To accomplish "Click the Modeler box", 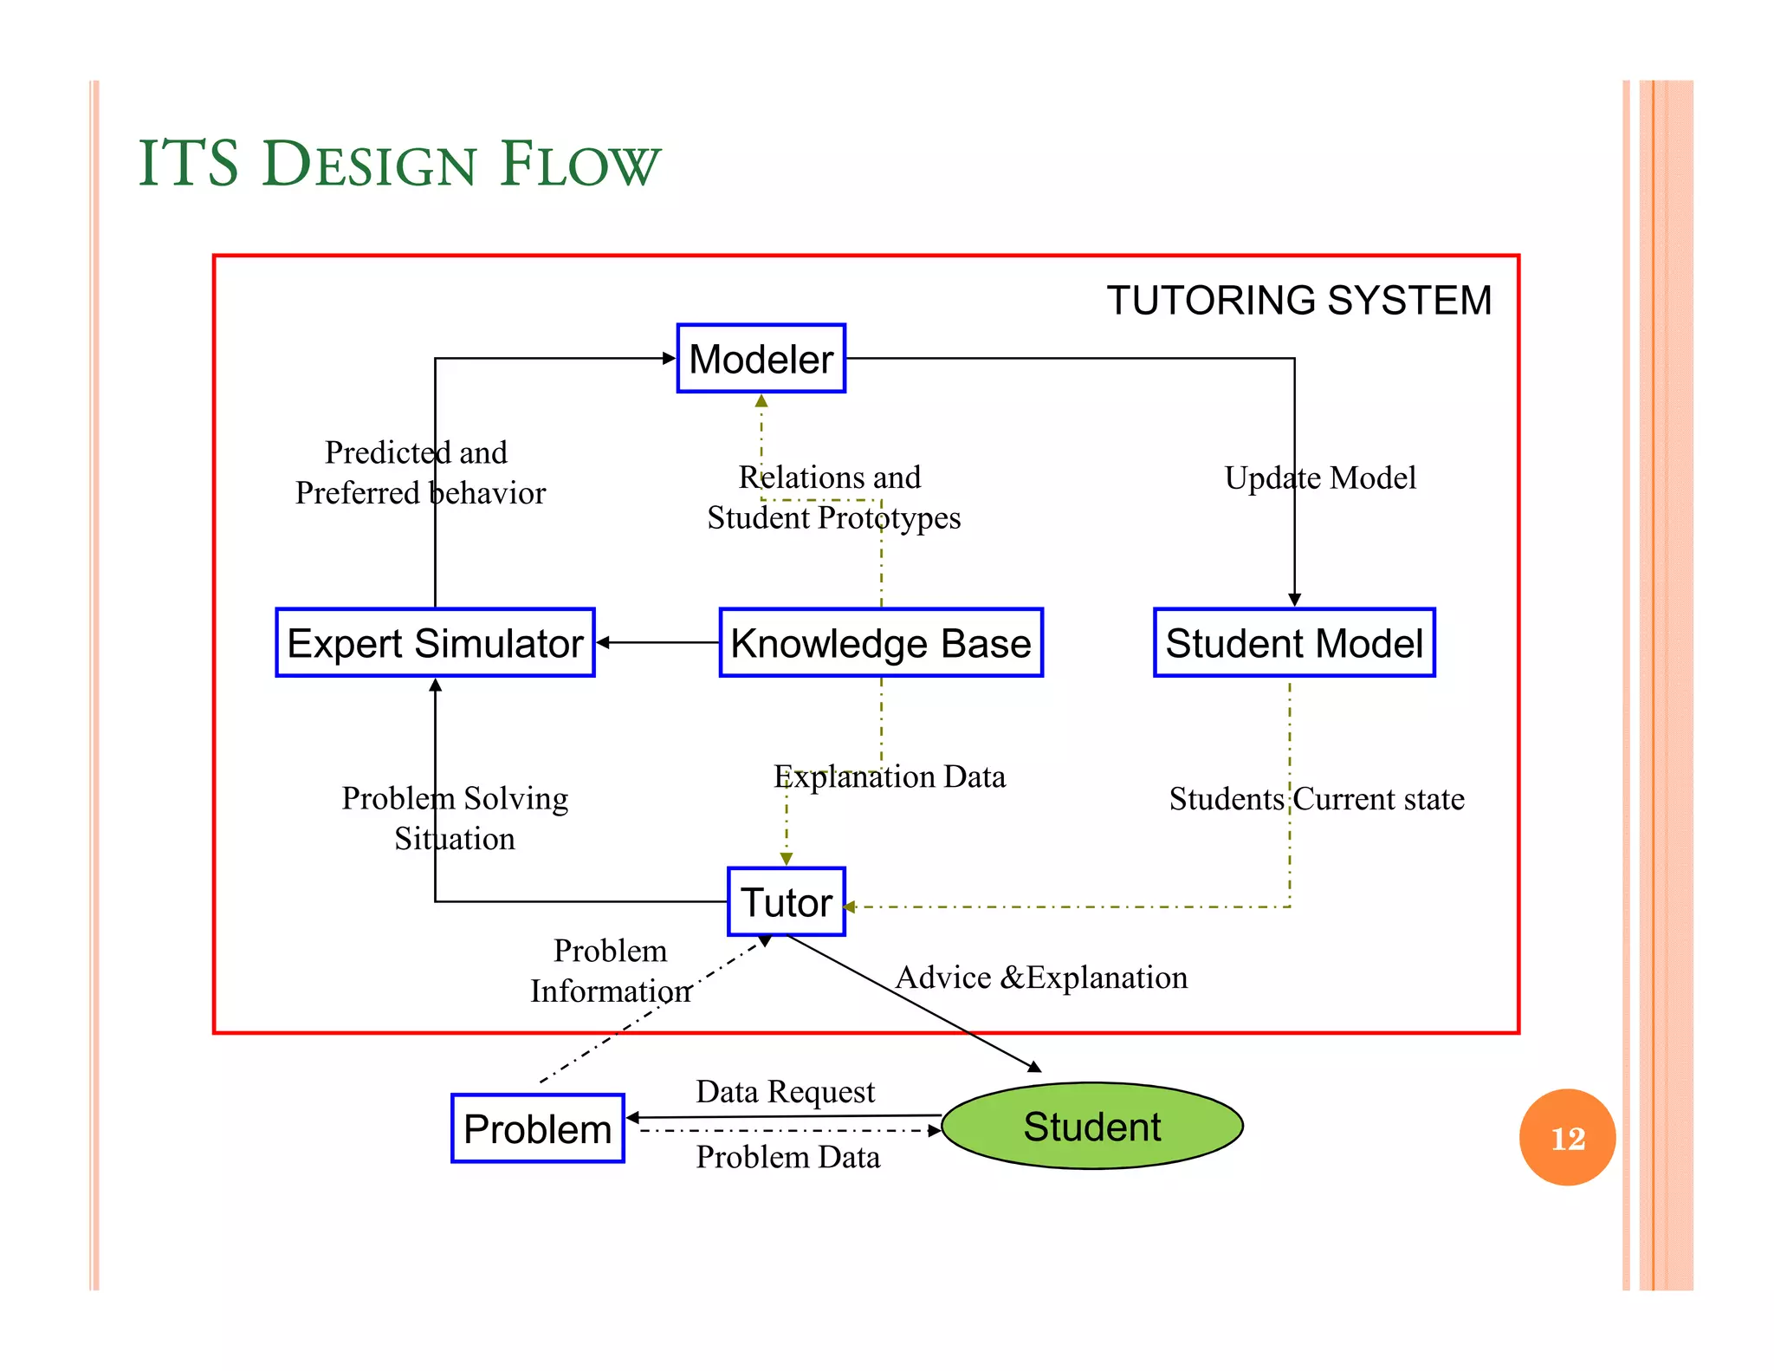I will click(761, 359).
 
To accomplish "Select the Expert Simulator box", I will click(435, 643).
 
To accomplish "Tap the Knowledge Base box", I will click(881, 643).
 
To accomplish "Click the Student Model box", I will click(1294, 643).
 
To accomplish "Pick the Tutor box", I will click(786, 902).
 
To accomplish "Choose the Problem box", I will click(537, 1128).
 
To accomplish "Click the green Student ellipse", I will click(1091, 1127).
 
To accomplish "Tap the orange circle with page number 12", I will click(1567, 1138).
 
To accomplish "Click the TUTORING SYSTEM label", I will click(1298, 301).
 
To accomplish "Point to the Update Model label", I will click(1319, 478).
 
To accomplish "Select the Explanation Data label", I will click(890, 776).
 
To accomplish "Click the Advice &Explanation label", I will click(1041, 978).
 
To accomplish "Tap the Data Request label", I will click(785, 1091).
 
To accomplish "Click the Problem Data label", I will click(787, 1158).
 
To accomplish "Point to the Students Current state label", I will click(1316, 799).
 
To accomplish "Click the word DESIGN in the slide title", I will click(369, 164).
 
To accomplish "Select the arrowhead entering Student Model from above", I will click(1294, 600).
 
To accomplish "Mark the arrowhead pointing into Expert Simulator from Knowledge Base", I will click(604, 643).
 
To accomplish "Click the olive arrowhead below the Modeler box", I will click(761, 401).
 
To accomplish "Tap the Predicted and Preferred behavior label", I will click(420, 472).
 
